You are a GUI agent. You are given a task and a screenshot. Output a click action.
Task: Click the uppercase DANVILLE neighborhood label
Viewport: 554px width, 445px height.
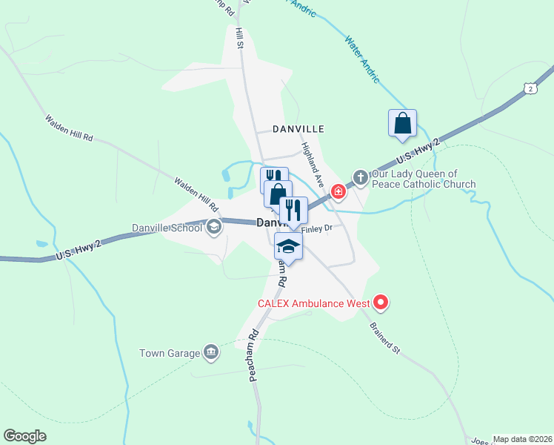(298, 129)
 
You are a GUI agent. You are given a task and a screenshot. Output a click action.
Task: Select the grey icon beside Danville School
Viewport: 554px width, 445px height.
(214, 228)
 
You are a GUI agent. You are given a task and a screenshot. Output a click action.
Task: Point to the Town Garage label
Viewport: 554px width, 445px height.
(170, 353)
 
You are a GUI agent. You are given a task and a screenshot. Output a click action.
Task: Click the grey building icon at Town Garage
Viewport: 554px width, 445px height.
(210, 352)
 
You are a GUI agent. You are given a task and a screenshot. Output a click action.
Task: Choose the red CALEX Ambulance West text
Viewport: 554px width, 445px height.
(314, 303)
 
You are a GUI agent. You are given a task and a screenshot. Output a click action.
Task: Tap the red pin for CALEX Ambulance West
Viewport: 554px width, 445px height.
(381, 301)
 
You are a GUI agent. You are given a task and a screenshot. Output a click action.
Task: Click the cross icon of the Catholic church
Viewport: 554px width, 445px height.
(360, 177)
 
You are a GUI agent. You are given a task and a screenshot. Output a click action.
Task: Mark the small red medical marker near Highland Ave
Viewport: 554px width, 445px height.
(338, 192)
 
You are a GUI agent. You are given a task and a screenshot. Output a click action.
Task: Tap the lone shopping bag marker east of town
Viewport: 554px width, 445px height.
(402, 123)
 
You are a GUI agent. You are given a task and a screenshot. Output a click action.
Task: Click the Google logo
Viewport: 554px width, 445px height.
(25, 436)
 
